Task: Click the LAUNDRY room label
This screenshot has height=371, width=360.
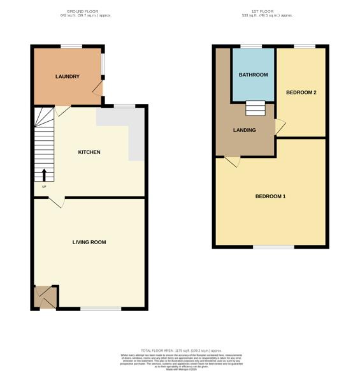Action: click(x=67, y=76)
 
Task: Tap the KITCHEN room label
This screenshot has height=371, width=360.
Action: click(x=89, y=152)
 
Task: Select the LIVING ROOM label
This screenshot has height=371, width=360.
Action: click(x=89, y=242)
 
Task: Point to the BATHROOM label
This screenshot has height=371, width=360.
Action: click(x=253, y=75)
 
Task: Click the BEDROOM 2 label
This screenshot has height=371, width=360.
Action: click(x=301, y=92)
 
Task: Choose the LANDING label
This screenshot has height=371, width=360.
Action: click(x=245, y=130)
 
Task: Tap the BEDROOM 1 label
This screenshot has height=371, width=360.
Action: click(x=270, y=196)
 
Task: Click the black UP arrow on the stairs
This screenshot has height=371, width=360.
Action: click(x=45, y=175)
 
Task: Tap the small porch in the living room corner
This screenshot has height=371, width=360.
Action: click(x=45, y=297)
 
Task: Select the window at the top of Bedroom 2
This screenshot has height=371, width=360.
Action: click(x=305, y=46)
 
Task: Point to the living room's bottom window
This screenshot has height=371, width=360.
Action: click(x=101, y=309)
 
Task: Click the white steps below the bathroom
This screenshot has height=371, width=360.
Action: click(x=254, y=109)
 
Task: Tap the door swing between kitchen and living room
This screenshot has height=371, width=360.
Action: click(x=56, y=202)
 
